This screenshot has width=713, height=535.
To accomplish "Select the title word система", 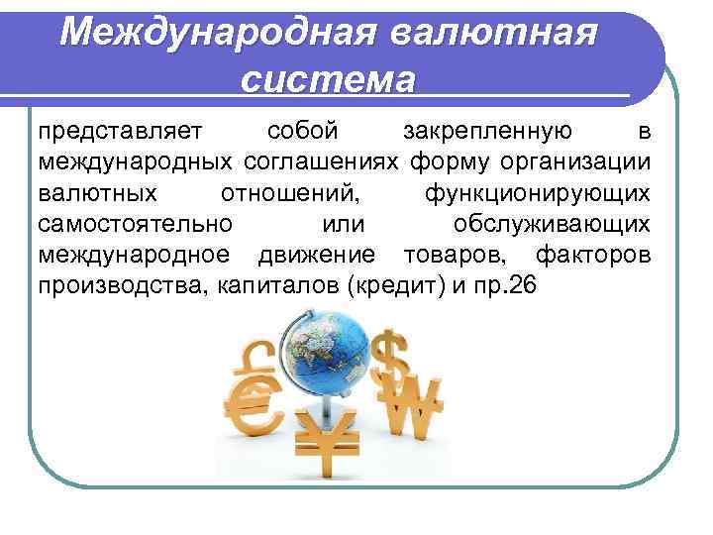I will point(327,78).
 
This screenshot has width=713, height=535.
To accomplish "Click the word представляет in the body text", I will point(120,131).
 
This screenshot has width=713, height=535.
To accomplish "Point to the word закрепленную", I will point(488,131).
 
